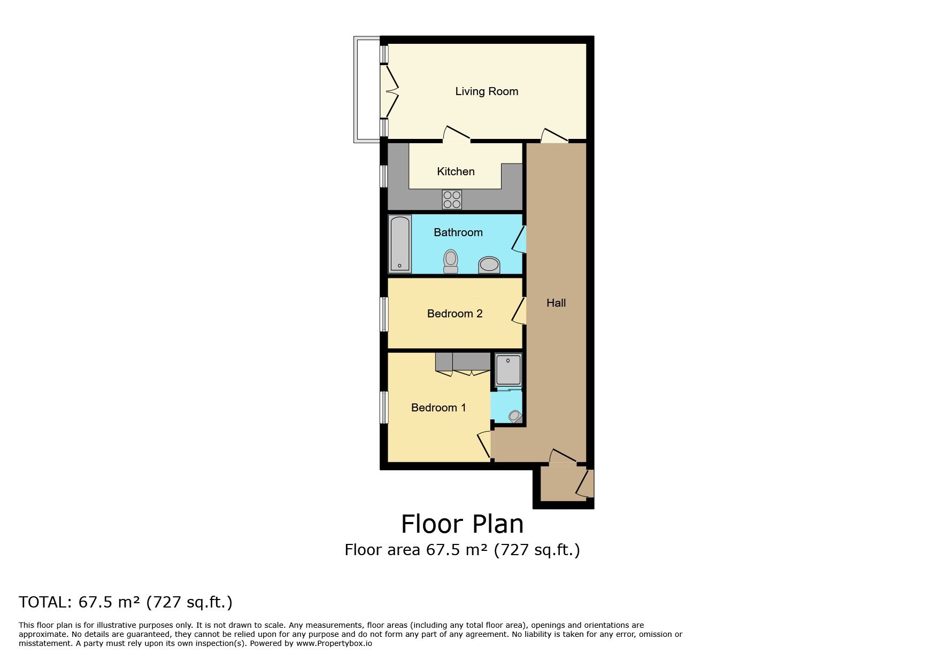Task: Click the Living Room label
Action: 486,91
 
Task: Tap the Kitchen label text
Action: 456,172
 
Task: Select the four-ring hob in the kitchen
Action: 452,199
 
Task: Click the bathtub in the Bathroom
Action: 400,244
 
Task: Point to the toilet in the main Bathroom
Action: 451,261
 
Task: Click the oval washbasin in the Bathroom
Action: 489,264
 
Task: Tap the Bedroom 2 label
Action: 455,314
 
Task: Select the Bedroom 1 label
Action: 438,408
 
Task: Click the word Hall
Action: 556,303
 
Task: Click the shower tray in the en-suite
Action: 507,369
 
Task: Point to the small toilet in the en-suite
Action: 515,416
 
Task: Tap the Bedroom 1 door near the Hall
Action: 485,445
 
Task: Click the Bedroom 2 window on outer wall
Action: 384,314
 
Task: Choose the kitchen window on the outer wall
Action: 384,176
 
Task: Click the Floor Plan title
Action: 462,524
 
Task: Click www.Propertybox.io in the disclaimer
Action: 334,643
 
